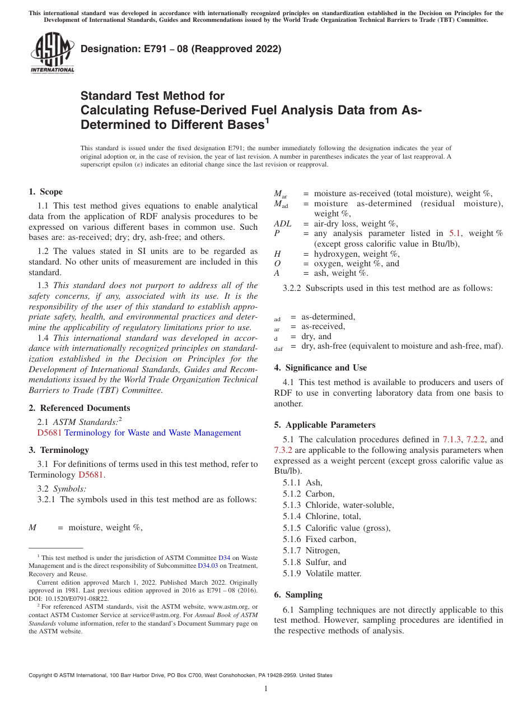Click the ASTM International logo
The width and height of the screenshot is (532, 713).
52,54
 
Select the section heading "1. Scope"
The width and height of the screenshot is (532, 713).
46,192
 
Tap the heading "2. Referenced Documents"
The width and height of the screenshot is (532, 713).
80,408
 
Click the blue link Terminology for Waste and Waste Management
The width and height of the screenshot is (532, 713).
153,433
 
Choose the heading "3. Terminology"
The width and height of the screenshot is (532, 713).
59,450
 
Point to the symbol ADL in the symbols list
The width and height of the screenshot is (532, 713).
283,224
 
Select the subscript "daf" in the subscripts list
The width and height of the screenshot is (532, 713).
278,349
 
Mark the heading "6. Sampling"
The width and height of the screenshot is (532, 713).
298,595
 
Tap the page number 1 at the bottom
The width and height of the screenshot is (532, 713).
266,689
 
